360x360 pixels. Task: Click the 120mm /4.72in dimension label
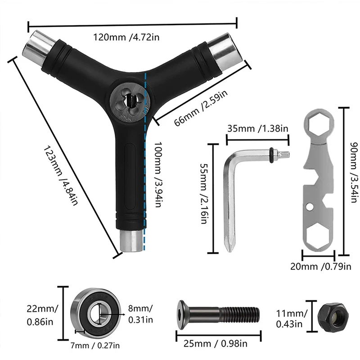point(126,37)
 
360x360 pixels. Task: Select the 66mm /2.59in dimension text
point(201,108)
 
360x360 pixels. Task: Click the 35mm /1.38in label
point(257,128)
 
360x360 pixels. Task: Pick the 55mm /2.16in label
point(204,193)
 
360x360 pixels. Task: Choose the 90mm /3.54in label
point(354,172)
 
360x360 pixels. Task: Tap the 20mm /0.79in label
point(321,266)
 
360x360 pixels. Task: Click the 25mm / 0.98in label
point(216,344)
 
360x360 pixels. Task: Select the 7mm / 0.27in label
point(95,345)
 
